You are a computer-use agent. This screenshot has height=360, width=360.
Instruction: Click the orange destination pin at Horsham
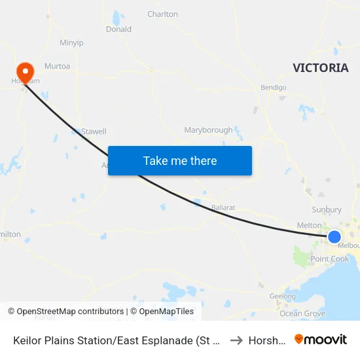coord(25,72)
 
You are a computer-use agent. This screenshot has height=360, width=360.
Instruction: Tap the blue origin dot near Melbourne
coord(334,236)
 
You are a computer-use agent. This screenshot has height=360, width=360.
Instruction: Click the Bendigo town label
coord(274,87)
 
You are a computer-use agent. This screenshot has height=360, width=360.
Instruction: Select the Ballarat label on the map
coord(223,207)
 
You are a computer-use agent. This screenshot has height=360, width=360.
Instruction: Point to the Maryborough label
coord(208,130)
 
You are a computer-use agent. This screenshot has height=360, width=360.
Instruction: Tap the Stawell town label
coord(94,132)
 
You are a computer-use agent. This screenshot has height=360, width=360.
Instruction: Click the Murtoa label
coord(57,66)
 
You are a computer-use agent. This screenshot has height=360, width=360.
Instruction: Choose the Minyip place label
coord(71,43)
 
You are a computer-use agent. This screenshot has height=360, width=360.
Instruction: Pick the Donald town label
coord(118,29)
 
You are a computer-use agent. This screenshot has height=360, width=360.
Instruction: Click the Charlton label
coord(162,14)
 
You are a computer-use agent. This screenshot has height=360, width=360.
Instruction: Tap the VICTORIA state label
coord(321,68)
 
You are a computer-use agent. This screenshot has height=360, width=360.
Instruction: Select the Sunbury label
coord(327,209)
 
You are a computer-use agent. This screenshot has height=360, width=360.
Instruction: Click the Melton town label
coord(310,225)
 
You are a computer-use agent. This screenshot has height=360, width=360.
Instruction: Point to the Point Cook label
coord(330,259)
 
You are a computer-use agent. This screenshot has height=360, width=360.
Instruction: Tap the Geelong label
coord(283,297)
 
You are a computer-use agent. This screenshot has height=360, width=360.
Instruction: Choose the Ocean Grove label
coord(302,314)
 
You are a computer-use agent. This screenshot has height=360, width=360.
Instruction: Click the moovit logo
coord(320,339)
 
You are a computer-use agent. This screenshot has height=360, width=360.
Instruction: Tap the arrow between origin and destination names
coord(236,340)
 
